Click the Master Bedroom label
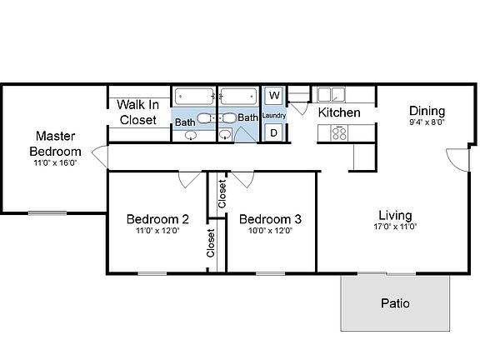(x=56, y=143)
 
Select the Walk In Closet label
(x=137, y=112)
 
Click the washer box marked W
(x=273, y=96)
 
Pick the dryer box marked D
(x=273, y=132)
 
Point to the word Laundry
(x=273, y=115)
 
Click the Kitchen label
(x=339, y=112)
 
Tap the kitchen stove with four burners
(x=339, y=132)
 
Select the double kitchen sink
(x=331, y=94)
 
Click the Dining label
(x=427, y=111)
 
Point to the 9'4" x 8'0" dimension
(x=427, y=122)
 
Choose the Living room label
(x=395, y=214)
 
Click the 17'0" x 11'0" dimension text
(x=395, y=226)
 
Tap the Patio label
(x=395, y=303)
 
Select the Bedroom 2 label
(x=157, y=219)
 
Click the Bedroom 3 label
(x=270, y=219)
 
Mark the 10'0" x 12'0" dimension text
(x=270, y=232)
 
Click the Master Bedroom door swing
(x=100, y=156)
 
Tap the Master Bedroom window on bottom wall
(x=47, y=212)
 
